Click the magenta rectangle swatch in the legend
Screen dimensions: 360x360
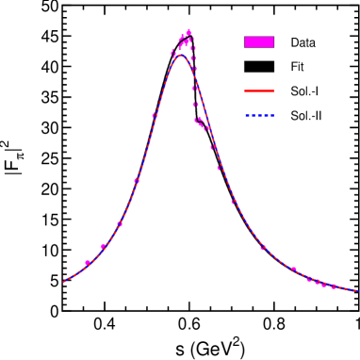[x=259, y=41]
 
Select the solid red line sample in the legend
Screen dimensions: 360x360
[x=259, y=91]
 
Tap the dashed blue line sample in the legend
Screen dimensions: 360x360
[x=259, y=116]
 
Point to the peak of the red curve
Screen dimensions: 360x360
[x=178, y=56]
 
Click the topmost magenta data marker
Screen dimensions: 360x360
[x=188, y=32]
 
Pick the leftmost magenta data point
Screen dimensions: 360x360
[x=88, y=263]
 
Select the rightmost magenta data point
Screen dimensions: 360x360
[x=333, y=286]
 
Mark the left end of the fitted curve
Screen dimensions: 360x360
[x=63, y=282]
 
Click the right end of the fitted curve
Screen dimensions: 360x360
[x=357, y=291]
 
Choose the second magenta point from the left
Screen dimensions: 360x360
[x=104, y=246]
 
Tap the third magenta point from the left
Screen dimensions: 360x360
[x=120, y=224]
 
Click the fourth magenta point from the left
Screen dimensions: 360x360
[x=137, y=180]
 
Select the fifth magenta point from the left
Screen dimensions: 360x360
[x=155, y=116]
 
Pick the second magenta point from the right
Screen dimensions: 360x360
[x=323, y=284]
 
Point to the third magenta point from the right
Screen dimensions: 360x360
[x=317, y=281]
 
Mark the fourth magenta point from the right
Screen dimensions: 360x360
[x=309, y=279]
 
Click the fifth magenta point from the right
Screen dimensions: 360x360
[x=293, y=270]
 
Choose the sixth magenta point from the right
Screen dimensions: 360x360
[x=263, y=247]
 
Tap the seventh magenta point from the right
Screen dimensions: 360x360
[x=234, y=202]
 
